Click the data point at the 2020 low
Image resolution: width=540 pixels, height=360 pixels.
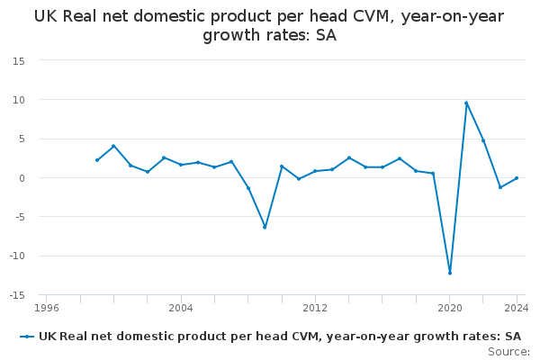(x=450, y=274)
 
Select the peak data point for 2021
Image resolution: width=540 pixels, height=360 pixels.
(x=466, y=103)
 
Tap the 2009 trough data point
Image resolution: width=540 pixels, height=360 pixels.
(x=265, y=228)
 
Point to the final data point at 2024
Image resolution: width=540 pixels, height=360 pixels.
(x=517, y=178)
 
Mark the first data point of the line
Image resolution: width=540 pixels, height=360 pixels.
(x=97, y=160)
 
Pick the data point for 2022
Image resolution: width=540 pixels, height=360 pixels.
(x=483, y=140)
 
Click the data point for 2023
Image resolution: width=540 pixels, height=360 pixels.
(x=500, y=187)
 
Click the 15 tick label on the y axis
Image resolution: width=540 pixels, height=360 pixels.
(x=19, y=61)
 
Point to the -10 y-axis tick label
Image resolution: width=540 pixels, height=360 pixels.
(x=17, y=256)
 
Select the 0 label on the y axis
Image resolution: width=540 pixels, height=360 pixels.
(x=22, y=178)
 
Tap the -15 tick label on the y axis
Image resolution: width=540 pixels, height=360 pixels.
(x=17, y=295)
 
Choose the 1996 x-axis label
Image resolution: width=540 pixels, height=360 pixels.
(x=47, y=308)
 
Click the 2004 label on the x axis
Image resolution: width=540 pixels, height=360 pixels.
(x=181, y=308)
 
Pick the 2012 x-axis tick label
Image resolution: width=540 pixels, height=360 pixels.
(x=315, y=308)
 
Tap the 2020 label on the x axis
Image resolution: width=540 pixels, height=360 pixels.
(x=450, y=308)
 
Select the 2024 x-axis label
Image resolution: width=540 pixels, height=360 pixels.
(x=517, y=308)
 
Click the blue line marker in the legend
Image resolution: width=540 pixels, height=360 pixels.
(x=27, y=337)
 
